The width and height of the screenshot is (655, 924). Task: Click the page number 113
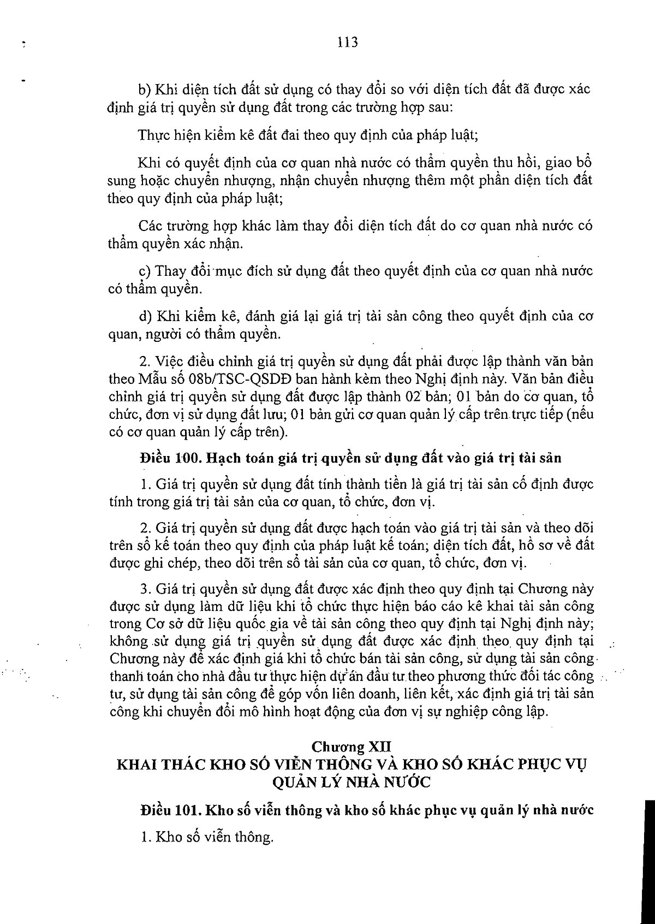pos(347,42)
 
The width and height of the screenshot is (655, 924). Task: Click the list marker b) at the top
pos(146,89)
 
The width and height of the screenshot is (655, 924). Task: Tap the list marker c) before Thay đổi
pos(145,271)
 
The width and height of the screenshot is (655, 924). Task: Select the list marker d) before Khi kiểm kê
pos(146,316)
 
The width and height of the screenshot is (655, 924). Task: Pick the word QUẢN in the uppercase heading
pos(296,782)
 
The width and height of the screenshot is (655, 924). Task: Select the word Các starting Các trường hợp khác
pos(150,226)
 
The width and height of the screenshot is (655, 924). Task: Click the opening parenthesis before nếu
pos(568,414)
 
